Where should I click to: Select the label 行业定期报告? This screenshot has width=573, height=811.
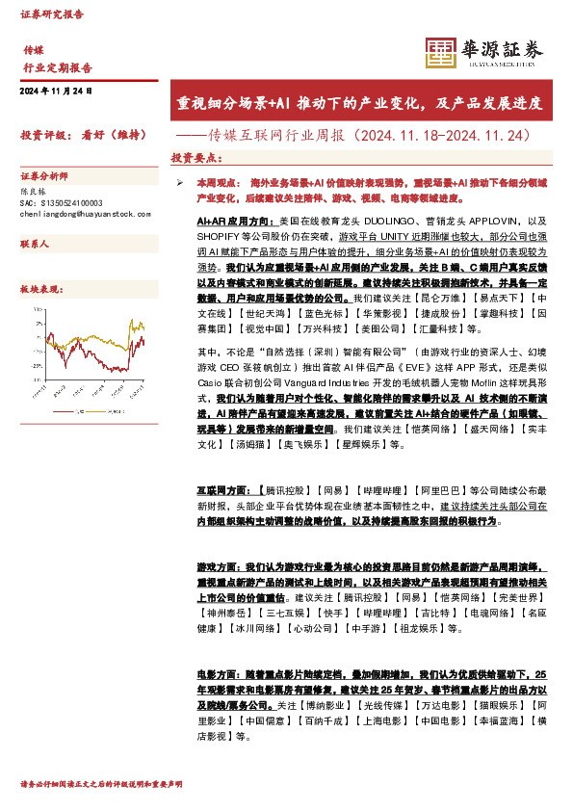tap(58, 68)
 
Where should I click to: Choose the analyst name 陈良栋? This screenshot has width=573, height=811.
tap(33, 193)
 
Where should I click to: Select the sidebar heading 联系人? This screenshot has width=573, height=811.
tap(36, 246)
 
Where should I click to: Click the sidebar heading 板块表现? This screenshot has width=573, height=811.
tap(41, 289)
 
